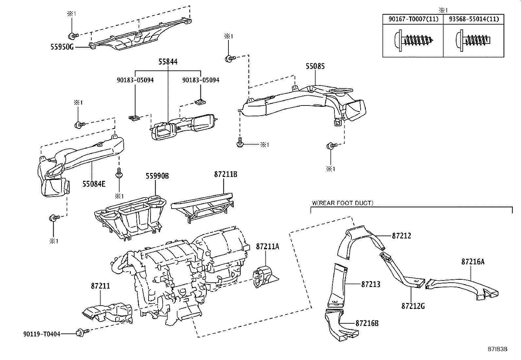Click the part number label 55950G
62,47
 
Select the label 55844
168,62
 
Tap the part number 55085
315,66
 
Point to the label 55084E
94,183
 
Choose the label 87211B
225,175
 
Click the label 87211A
267,246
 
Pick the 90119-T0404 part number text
42,334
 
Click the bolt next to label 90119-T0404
80,333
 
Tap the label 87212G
413,306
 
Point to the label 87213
370,284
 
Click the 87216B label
367,323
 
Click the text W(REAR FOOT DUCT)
342,203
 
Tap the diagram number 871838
496,349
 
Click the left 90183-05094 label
135,80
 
